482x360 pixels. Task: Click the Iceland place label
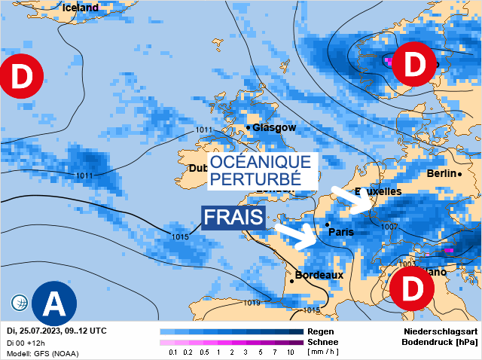81,8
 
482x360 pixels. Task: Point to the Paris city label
341,232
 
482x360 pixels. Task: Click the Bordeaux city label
319,275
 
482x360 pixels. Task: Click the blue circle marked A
55,303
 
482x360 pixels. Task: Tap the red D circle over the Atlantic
21,76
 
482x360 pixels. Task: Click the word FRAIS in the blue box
233,218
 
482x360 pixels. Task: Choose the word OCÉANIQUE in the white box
260,162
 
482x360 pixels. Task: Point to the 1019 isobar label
252,303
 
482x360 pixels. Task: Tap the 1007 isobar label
389,227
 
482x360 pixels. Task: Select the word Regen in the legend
321,331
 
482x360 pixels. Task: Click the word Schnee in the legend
324,342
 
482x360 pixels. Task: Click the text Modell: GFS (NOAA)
42,352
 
